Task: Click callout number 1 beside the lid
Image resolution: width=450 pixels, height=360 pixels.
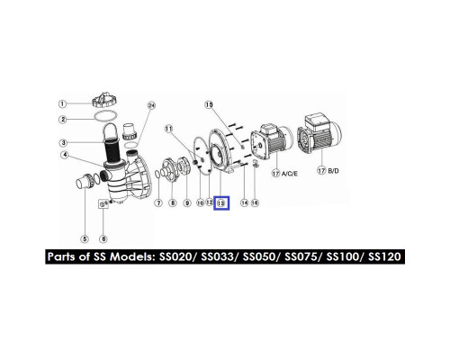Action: coord(62,104)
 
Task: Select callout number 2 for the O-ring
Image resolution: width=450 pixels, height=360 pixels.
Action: coord(63,120)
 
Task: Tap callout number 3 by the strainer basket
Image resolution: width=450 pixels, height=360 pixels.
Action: coord(63,142)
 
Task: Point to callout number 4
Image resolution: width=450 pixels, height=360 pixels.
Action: coord(65,155)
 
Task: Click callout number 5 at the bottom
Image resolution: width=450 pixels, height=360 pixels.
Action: coord(85,239)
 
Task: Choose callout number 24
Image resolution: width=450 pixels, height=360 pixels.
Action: coord(152,105)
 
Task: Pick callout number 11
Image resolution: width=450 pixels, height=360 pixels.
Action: coord(169,129)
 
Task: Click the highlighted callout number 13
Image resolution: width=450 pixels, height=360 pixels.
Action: coord(221,203)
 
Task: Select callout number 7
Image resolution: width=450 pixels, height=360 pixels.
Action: coord(158,203)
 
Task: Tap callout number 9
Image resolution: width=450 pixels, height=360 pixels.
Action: coord(187,203)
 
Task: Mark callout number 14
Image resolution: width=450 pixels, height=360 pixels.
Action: coord(245,203)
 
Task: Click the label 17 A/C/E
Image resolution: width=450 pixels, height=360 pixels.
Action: coord(285,174)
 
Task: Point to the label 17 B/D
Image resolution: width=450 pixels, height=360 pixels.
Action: coord(328,171)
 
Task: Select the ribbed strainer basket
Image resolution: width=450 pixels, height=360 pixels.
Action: coord(112,148)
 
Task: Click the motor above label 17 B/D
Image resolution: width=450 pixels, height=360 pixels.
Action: coord(320,133)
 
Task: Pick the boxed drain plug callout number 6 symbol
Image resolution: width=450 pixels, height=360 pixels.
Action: coord(103,204)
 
